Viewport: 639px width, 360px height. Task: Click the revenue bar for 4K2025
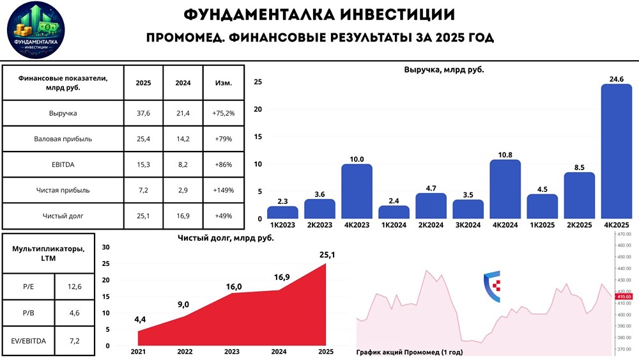(x=616, y=152)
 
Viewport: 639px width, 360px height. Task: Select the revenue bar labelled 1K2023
(x=282, y=212)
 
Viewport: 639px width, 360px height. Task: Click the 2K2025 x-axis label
(x=579, y=226)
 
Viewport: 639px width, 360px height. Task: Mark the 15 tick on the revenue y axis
(x=258, y=136)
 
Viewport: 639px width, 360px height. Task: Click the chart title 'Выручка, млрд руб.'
(x=443, y=70)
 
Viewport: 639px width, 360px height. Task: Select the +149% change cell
(x=222, y=190)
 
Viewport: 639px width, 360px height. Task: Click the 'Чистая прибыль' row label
(x=63, y=190)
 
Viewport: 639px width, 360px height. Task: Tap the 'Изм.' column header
(x=222, y=83)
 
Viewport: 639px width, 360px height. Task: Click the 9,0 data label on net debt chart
(x=184, y=304)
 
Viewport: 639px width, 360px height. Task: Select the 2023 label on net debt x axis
(x=232, y=352)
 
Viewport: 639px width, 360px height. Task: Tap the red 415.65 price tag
(x=624, y=297)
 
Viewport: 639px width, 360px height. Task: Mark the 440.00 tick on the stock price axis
(x=624, y=269)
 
